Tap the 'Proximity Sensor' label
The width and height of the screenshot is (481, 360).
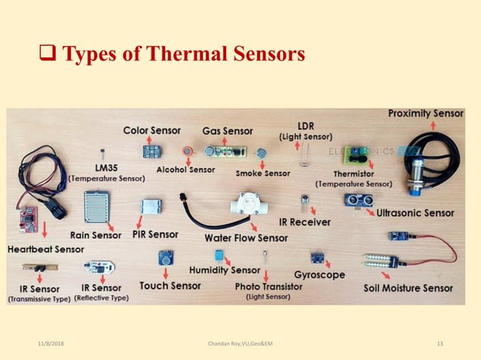tap(426, 114)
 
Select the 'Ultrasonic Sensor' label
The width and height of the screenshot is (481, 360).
tap(415, 213)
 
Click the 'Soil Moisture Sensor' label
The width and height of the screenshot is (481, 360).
tap(409, 288)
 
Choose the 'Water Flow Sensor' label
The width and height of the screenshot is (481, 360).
tap(246, 238)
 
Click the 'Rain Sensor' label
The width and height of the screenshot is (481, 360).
tap(96, 235)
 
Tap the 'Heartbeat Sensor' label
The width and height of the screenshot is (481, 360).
tap(46, 249)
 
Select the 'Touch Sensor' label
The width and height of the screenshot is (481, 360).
tap(170, 286)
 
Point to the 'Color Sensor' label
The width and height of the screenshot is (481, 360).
tap(152, 130)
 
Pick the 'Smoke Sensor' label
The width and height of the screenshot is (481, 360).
tap(262, 173)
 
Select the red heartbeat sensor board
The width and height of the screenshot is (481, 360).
tap(28, 217)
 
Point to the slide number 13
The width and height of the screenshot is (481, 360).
tap(440, 344)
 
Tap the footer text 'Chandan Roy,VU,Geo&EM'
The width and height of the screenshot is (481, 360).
tap(240, 344)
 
